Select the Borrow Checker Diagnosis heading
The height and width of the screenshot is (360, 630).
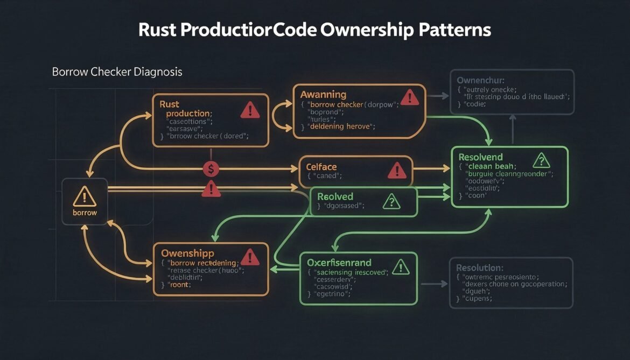click(117, 72)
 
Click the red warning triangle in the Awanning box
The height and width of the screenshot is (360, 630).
click(410, 97)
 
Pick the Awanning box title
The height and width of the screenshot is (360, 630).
click(323, 95)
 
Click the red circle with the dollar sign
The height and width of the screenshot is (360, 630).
click(211, 169)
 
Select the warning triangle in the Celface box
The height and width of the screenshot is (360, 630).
click(397, 171)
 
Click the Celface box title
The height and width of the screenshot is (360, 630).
click(321, 167)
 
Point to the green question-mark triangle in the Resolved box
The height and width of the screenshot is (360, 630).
click(391, 202)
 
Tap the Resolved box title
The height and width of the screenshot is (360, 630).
click(335, 196)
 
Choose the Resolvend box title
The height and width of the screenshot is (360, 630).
click(480, 157)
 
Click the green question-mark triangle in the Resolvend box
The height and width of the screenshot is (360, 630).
click(540, 160)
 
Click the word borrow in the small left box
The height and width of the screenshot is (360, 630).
click(85, 213)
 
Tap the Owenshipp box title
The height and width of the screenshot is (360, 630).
click(187, 253)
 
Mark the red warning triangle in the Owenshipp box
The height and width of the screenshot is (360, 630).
click(249, 257)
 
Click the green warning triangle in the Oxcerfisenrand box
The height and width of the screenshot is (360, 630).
click(400, 266)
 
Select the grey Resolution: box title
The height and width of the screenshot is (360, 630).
click(480, 267)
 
